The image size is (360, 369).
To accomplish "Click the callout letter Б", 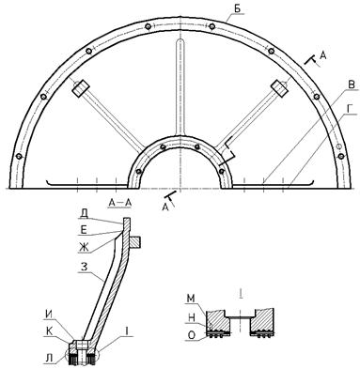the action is tap(238, 8).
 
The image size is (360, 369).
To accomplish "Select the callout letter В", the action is tap(352, 85).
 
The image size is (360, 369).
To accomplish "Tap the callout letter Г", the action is tap(352, 109).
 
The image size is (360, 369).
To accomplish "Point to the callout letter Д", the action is tap(84, 214).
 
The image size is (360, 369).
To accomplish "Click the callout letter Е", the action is tap(84, 230).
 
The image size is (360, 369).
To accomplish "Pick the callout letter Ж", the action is tap(84, 247).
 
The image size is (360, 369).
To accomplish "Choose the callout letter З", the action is tap(84, 267).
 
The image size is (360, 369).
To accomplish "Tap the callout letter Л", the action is tap(50, 359).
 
